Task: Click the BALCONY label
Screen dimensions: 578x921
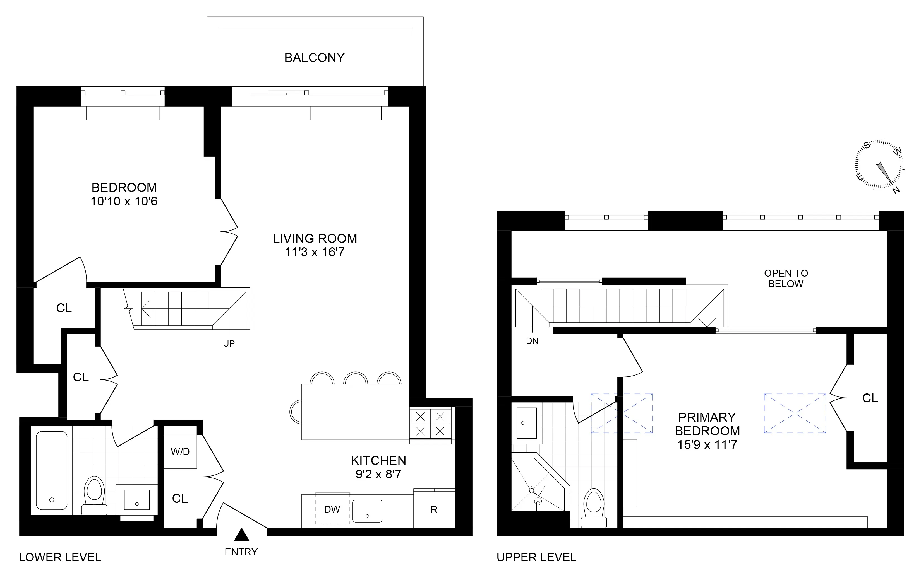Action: [x=314, y=58]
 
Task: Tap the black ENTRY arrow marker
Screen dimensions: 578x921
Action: [x=241, y=535]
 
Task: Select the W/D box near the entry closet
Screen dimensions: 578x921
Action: [x=180, y=451]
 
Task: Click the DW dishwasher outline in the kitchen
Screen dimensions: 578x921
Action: [x=332, y=509]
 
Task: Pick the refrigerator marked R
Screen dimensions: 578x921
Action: [x=434, y=509]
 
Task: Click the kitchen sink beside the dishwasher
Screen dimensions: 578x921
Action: [x=367, y=511]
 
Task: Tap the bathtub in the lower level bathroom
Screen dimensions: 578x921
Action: [x=52, y=470]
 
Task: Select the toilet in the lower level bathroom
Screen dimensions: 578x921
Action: [x=94, y=494]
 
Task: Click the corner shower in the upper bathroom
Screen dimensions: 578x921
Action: [x=536, y=485]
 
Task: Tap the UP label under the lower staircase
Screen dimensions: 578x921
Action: [x=229, y=344]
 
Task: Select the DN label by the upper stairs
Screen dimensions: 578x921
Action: [x=532, y=341]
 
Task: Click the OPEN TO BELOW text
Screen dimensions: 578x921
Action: [x=786, y=279]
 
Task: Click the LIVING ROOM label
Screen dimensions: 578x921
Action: [x=315, y=239]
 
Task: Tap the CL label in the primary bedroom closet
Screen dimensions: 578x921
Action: [x=870, y=398]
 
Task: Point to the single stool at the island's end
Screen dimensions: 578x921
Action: [x=295, y=412]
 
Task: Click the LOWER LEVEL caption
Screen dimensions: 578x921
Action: [x=60, y=557]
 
